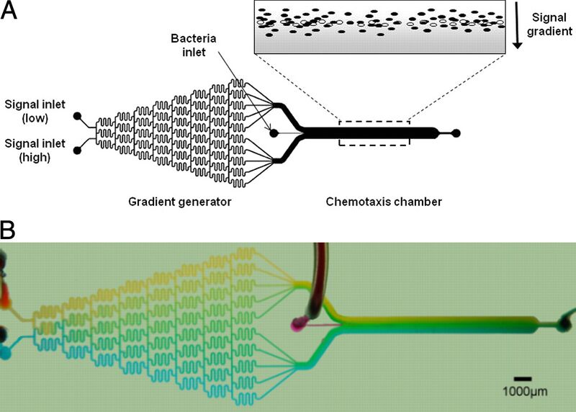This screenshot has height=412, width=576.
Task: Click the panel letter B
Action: pos(9,231)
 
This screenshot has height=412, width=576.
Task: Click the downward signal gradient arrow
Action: pos(517,37)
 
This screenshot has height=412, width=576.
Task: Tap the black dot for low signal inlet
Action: pos(77,115)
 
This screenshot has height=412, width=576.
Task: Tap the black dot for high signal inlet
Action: pos(77,151)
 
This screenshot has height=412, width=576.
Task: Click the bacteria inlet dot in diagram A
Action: pos(274,133)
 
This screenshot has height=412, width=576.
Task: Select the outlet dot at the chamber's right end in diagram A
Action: pos(456,133)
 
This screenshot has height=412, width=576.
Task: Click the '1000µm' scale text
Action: pos(523,393)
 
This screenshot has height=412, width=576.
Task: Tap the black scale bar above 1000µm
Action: pos(523,378)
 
